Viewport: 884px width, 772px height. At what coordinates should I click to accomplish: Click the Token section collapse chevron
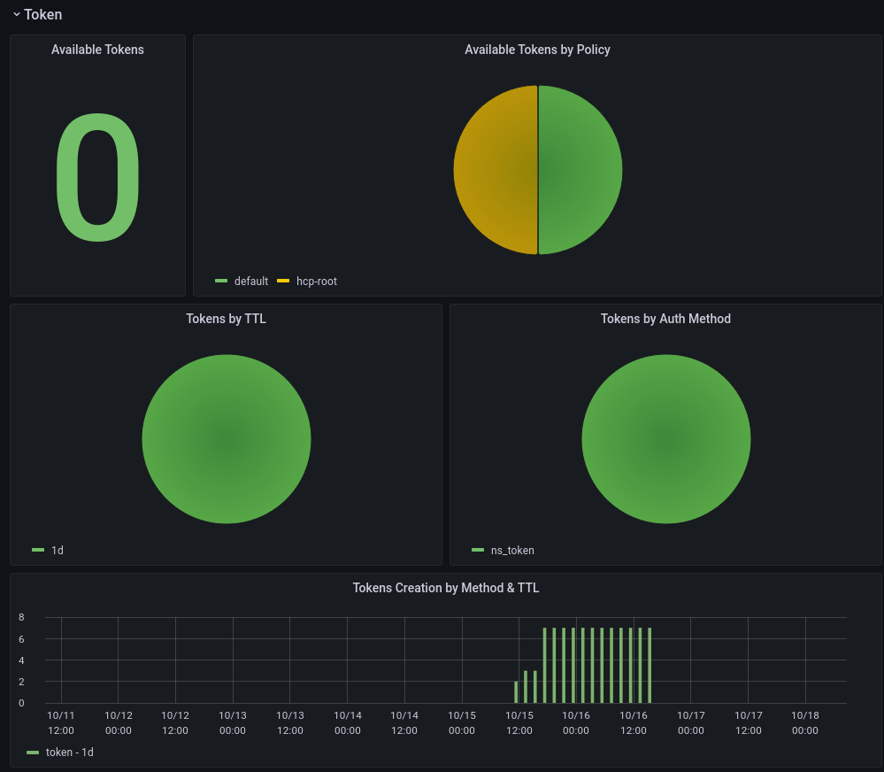point(16,14)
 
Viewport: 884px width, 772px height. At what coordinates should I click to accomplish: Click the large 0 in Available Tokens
point(97,177)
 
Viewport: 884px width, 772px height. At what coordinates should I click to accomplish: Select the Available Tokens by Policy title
point(537,50)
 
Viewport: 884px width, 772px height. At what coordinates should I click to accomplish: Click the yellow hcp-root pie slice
point(496,170)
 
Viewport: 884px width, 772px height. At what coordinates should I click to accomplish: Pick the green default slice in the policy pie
point(580,170)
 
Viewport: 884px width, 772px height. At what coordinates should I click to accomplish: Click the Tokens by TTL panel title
point(226,319)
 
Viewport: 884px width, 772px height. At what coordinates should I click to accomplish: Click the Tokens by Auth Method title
point(665,319)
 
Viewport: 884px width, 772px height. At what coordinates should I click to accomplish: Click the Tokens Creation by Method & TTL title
point(445,588)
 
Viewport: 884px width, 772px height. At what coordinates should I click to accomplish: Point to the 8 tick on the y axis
point(21,617)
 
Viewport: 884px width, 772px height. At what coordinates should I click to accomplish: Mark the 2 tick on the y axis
point(21,682)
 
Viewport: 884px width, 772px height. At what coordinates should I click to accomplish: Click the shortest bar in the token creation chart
point(516,692)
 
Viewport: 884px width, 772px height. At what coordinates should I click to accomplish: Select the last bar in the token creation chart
point(650,666)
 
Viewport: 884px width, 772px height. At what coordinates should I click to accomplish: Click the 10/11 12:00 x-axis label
point(61,722)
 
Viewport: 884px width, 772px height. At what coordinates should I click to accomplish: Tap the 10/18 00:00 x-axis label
point(805,722)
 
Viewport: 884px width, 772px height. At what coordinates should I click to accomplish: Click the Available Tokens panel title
point(97,50)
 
